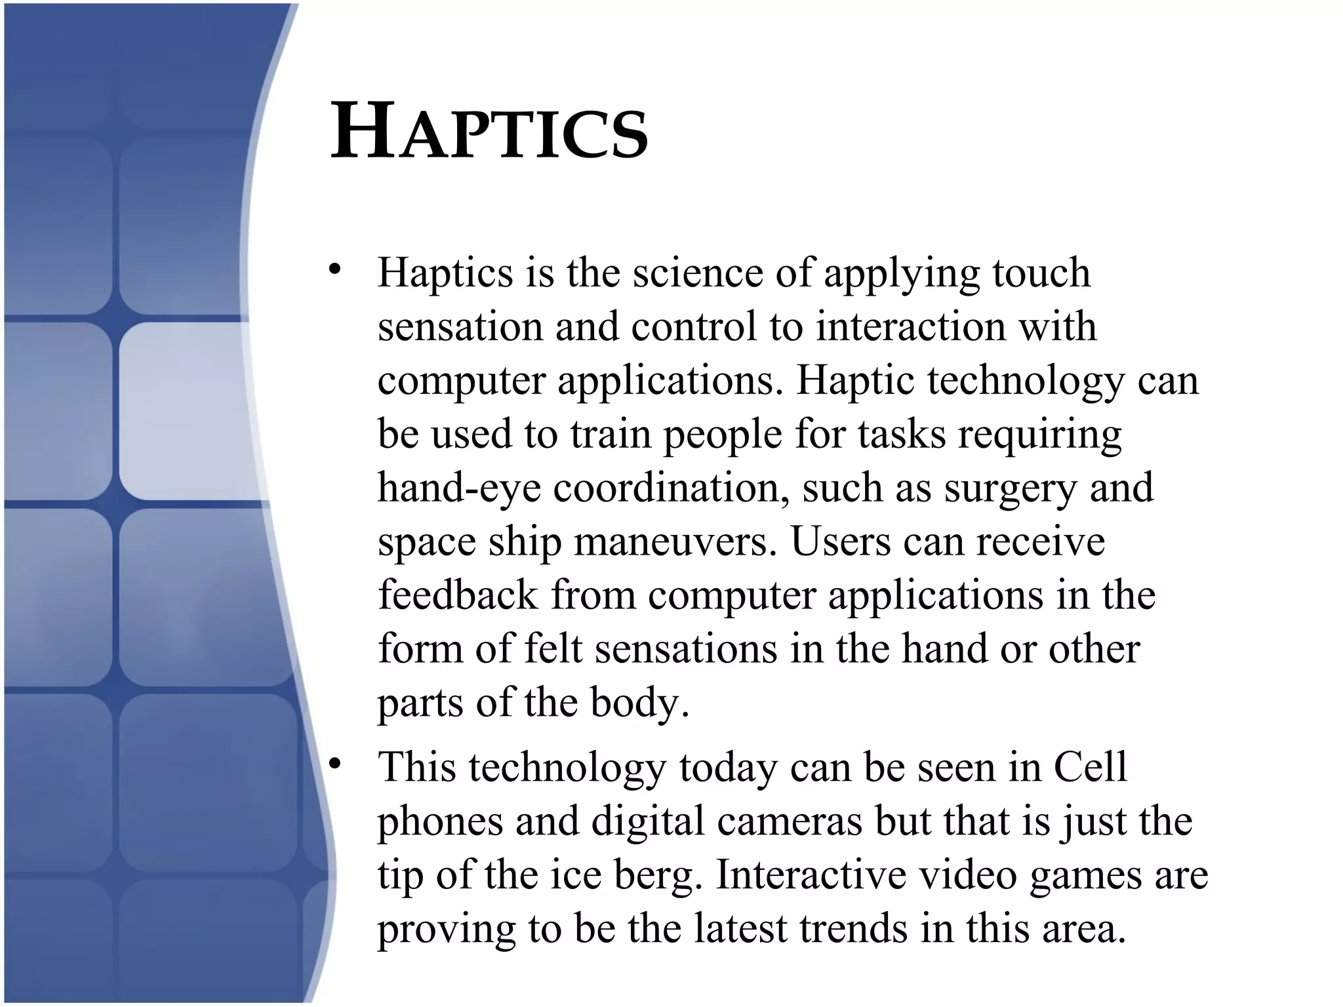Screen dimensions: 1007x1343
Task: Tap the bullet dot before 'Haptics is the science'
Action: click(x=336, y=269)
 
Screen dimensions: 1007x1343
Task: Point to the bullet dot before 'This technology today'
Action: click(x=336, y=763)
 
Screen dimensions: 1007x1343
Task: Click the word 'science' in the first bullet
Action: click(x=698, y=273)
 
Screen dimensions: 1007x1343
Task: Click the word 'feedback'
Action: click(x=458, y=595)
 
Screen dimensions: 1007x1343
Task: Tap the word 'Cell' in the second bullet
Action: click(x=1090, y=767)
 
